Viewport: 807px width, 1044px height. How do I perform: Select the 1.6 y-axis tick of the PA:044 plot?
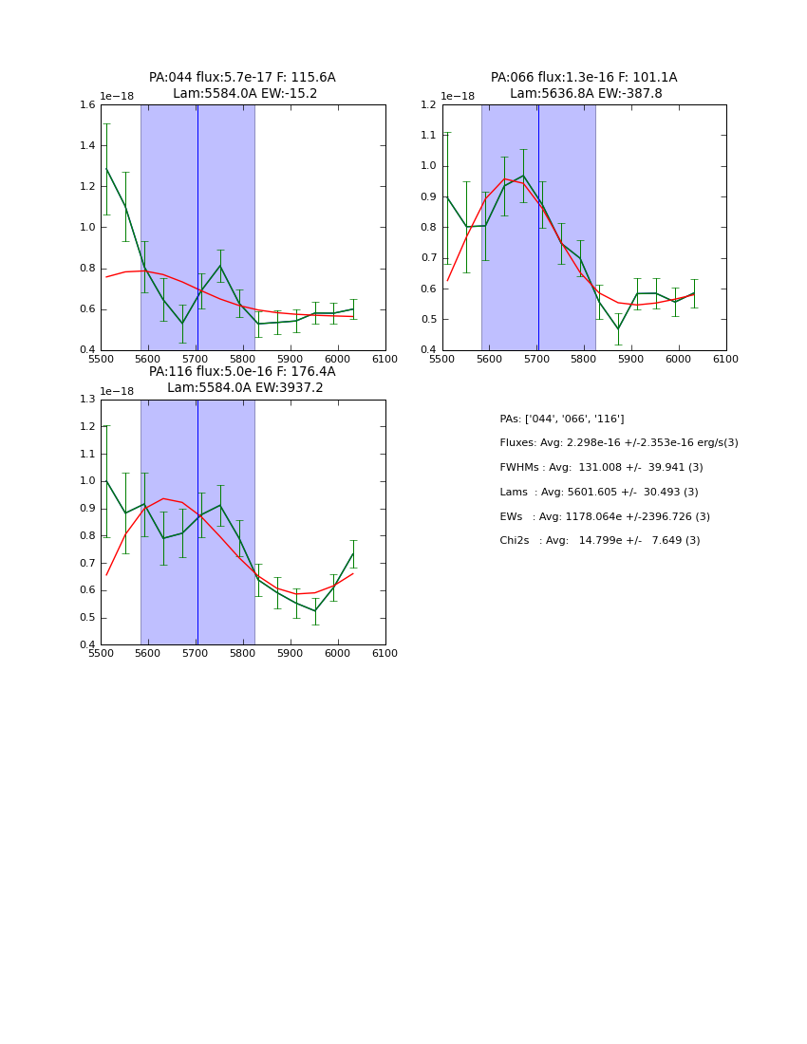click(86, 104)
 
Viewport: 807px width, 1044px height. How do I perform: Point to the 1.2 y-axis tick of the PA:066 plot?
click(428, 104)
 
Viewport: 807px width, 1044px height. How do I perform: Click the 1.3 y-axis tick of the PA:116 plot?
click(86, 400)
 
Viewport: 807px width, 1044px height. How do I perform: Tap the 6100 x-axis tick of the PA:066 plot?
click(726, 358)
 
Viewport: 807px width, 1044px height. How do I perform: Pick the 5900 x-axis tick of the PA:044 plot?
click(291, 358)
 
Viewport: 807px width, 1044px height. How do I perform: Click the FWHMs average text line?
click(601, 468)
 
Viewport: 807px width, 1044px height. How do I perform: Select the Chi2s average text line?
click(600, 541)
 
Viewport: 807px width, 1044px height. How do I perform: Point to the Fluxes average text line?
click(619, 443)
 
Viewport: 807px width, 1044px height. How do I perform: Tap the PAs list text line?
click(562, 419)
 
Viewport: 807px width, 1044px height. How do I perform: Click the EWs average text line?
click(605, 516)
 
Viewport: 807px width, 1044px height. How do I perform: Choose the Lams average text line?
click(599, 492)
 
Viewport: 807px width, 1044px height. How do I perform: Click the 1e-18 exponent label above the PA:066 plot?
click(458, 96)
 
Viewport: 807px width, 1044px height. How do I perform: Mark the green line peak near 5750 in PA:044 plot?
click(220, 266)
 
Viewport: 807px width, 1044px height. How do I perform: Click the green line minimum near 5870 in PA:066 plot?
click(618, 329)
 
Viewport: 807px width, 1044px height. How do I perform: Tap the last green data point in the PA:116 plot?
click(353, 553)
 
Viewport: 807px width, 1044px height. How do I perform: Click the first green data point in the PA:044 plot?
click(106, 169)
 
